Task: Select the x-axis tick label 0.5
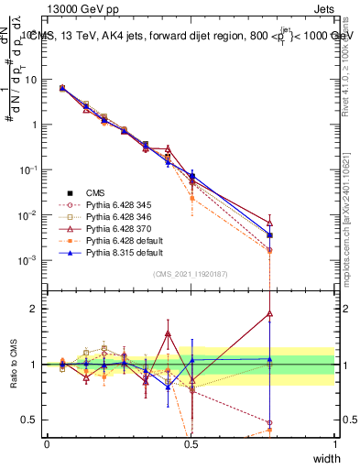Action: click(x=191, y=444)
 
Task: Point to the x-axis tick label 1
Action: click(x=334, y=444)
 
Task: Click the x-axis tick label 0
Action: click(x=47, y=444)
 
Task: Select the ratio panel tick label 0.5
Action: click(x=30, y=420)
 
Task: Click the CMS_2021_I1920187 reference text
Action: click(x=191, y=275)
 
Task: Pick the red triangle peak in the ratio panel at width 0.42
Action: click(x=168, y=333)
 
